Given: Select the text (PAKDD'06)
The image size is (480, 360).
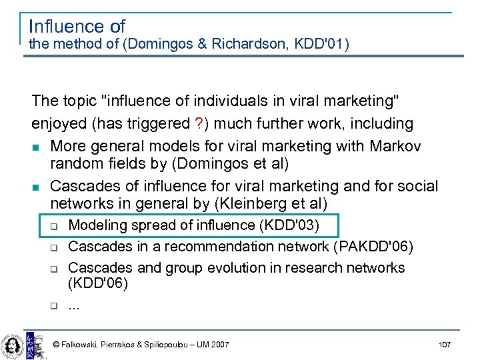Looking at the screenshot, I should [375, 247].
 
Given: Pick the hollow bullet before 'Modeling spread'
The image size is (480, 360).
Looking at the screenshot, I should [54, 226].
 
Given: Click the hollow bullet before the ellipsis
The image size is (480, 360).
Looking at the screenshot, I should [54, 306].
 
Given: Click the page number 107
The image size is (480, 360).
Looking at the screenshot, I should [445, 344].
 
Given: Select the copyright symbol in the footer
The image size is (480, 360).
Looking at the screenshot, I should [56, 344].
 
